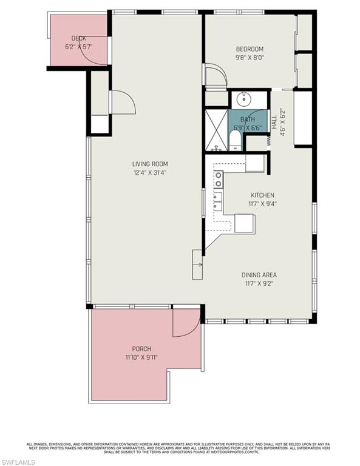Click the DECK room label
click(79, 39)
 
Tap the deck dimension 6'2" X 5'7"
click(79, 47)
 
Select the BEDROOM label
click(250, 49)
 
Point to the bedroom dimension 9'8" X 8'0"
click(250, 58)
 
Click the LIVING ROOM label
click(151, 164)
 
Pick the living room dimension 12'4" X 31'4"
click(151, 172)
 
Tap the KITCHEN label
click(263, 195)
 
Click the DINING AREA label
click(259, 275)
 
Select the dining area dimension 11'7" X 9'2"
click(259, 283)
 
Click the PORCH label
click(141, 349)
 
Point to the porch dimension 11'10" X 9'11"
click(141, 357)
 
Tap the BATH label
click(248, 120)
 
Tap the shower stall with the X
click(215, 129)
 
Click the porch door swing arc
click(186, 323)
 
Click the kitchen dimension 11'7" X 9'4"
click(263, 204)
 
